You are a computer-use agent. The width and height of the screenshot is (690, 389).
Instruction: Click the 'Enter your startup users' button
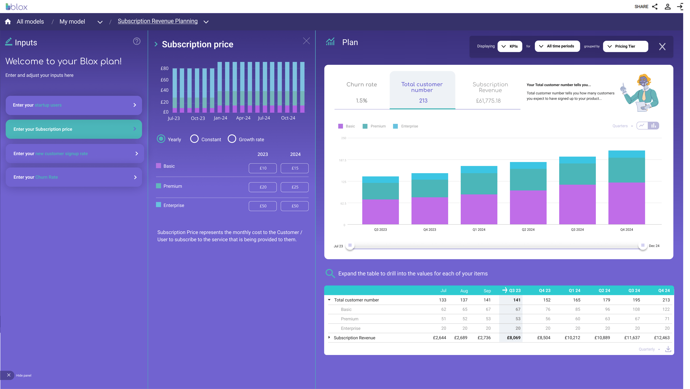click(x=74, y=105)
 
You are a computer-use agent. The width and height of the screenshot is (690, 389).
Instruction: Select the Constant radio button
click(x=194, y=139)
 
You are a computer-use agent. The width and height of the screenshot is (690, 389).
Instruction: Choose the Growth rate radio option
click(x=232, y=139)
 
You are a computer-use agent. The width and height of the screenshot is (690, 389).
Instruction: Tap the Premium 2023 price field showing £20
click(x=263, y=187)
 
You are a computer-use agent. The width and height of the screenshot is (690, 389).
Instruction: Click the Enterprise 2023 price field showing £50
click(x=263, y=206)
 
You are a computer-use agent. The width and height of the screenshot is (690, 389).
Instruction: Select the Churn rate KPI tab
click(x=361, y=91)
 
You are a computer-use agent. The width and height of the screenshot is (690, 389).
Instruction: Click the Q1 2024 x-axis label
click(x=479, y=230)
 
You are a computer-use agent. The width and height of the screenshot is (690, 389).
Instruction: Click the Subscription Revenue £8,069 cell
click(x=514, y=338)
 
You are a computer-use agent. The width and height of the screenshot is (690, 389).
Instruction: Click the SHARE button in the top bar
click(x=646, y=6)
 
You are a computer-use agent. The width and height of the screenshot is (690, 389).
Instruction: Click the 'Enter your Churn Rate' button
click(x=74, y=177)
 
